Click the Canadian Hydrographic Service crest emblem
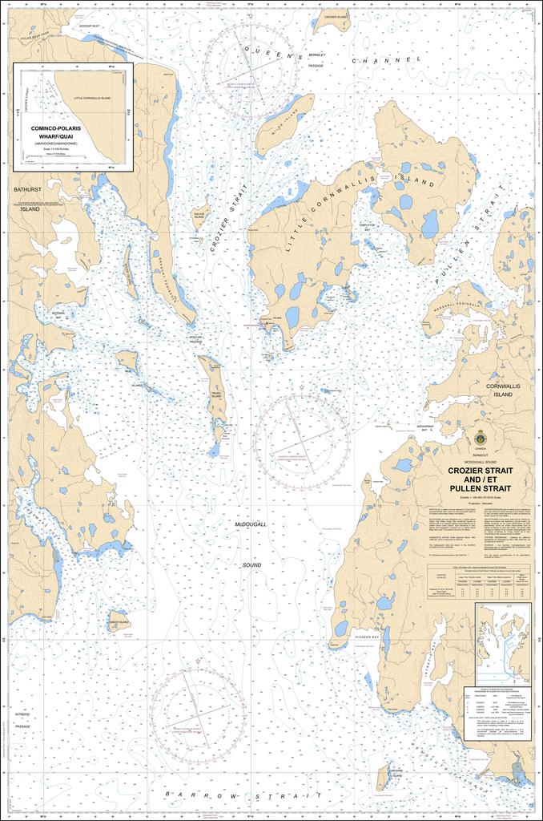480,438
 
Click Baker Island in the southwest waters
119,621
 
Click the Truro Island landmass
215,390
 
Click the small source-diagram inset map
502,644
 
